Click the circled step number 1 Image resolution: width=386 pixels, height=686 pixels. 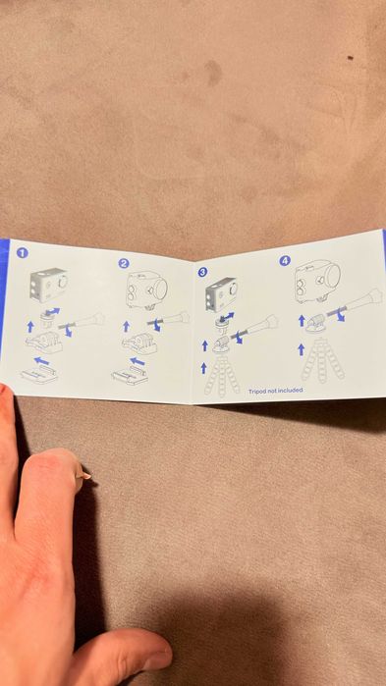[22, 252]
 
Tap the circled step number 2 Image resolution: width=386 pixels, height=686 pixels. [124, 263]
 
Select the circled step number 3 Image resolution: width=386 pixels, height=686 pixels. [202, 272]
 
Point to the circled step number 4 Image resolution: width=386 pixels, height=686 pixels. [285, 261]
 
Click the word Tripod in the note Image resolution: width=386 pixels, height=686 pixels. [257, 391]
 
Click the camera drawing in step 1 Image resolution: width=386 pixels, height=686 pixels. [48, 285]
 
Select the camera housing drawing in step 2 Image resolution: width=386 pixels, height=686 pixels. [147, 289]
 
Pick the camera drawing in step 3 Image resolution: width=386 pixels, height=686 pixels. [221, 294]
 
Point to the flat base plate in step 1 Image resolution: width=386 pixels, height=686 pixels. [39, 375]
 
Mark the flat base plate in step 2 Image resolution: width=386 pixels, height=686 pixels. [130, 376]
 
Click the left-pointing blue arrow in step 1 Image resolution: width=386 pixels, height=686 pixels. [41, 361]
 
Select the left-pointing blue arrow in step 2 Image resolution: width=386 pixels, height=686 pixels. [138, 361]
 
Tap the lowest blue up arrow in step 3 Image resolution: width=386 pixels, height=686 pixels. [203, 368]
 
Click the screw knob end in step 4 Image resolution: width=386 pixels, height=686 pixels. [374, 297]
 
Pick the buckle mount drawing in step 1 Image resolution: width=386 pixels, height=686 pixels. [44, 342]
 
